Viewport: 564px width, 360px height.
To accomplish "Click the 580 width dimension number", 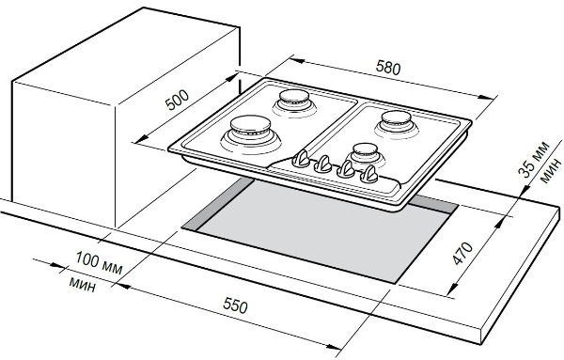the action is coord(387,68).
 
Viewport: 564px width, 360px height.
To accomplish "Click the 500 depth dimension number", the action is coord(177,100).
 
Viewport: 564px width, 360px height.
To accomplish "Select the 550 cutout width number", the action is coord(235,306).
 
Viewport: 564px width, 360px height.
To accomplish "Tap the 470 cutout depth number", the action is coord(462,254).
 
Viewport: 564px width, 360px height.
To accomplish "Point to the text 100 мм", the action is coord(99,263).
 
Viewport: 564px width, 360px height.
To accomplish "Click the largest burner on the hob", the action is coord(251,133).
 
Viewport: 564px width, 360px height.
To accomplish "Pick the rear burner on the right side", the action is coord(397,123).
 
